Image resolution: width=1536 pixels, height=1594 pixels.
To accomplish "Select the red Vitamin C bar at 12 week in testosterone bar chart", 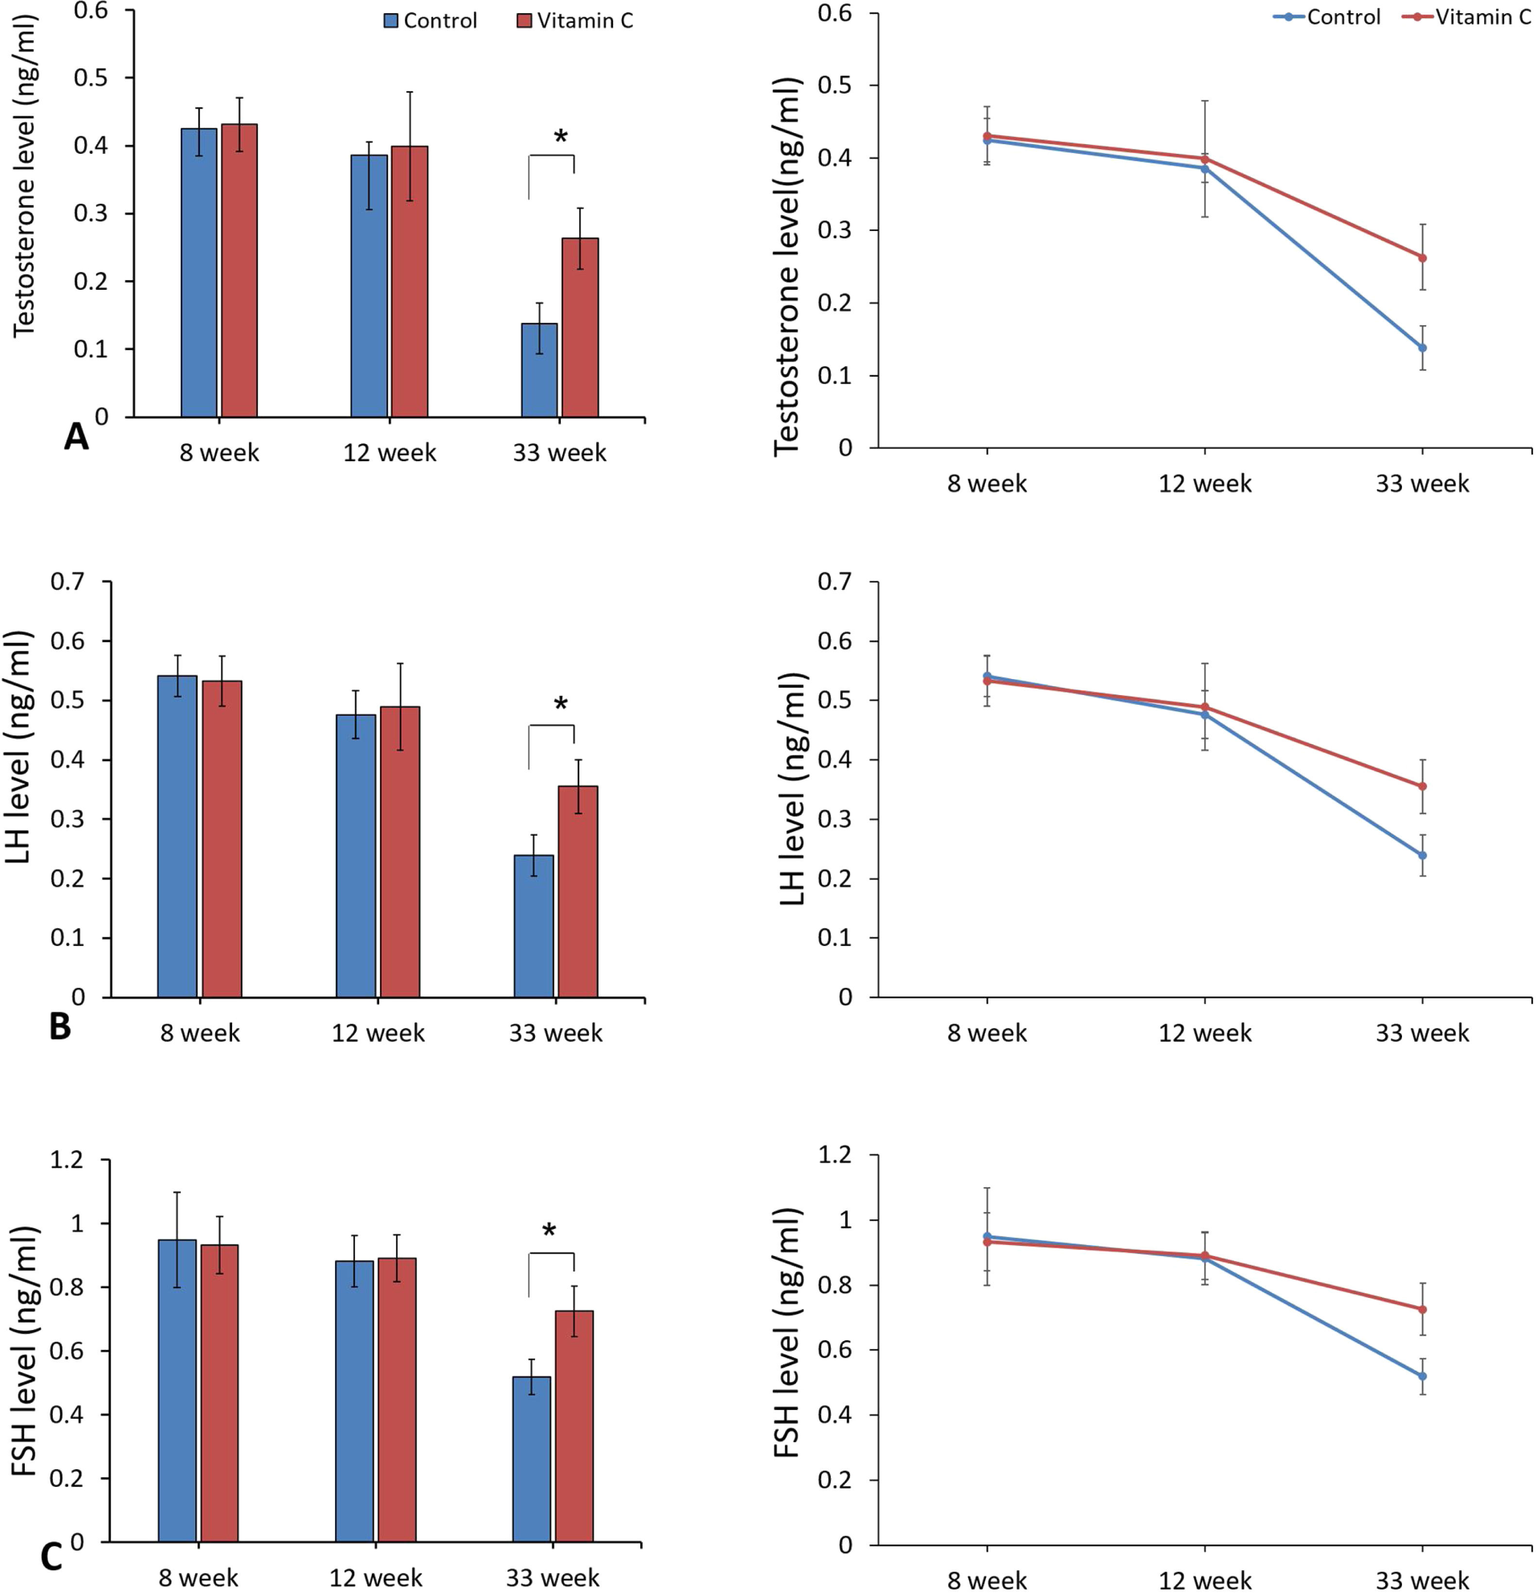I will [x=409, y=282].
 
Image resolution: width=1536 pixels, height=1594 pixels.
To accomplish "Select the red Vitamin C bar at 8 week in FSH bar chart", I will [x=219, y=1392].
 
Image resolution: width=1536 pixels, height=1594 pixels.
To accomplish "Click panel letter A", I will [x=76, y=437].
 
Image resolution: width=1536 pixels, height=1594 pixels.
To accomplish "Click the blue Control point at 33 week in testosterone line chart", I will [x=1422, y=347].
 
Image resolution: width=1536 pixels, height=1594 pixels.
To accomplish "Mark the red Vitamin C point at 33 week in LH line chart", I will [x=1422, y=786].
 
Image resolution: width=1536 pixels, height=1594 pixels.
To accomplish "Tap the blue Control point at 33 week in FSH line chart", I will [x=1422, y=1376].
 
